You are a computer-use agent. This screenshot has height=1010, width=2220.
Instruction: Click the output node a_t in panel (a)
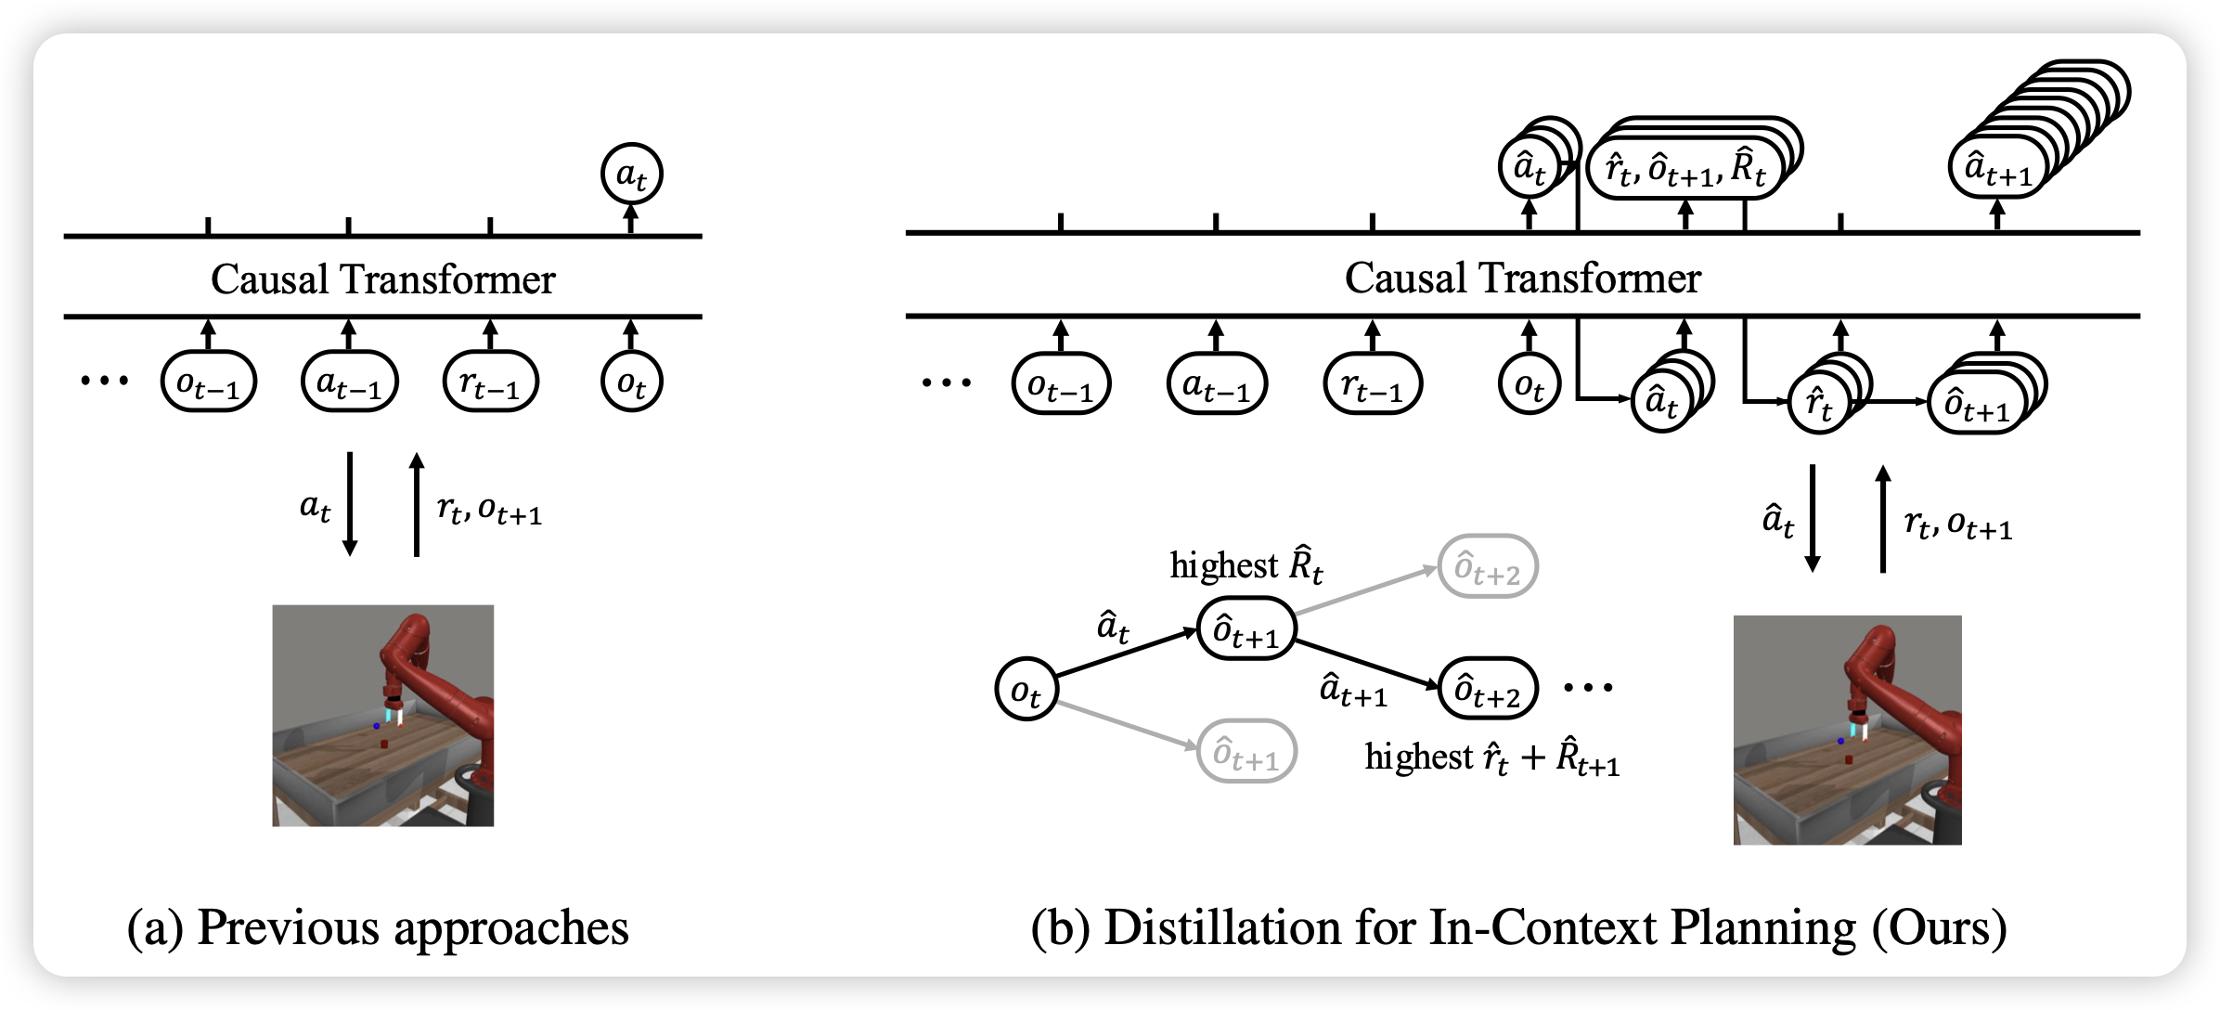[x=631, y=174]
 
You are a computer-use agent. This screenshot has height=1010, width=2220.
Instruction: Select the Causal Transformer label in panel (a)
[x=382, y=278]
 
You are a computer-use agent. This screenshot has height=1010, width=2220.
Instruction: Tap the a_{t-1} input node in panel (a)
[x=349, y=382]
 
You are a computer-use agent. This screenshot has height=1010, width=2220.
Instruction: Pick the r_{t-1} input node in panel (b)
[x=1372, y=382]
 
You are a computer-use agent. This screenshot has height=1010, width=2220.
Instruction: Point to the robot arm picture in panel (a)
[x=382, y=715]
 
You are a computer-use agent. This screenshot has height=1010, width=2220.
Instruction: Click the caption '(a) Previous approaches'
[x=378, y=926]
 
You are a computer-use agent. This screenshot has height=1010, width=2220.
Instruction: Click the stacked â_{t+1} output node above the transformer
[x=1995, y=168]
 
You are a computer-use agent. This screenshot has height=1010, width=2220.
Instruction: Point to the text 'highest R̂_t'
[x=1246, y=565]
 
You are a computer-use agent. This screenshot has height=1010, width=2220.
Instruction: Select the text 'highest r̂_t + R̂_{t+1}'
[x=1491, y=758]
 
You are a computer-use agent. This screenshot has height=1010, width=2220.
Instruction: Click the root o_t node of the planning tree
[x=1026, y=690]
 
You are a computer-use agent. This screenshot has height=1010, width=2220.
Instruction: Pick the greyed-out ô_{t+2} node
[x=1488, y=566]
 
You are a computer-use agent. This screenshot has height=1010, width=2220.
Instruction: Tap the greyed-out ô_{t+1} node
[x=1246, y=751]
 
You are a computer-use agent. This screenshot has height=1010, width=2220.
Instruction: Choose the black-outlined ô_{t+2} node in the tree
[x=1488, y=688]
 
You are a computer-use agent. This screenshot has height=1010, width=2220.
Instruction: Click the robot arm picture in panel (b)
[x=1847, y=730]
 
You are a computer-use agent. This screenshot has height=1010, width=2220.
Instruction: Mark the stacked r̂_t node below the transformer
[x=1819, y=404]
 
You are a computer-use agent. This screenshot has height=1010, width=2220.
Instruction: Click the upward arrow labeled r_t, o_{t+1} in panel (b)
[x=1882, y=520]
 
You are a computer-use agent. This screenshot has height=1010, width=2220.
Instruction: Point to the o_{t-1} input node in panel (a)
[x=208, y=382]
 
